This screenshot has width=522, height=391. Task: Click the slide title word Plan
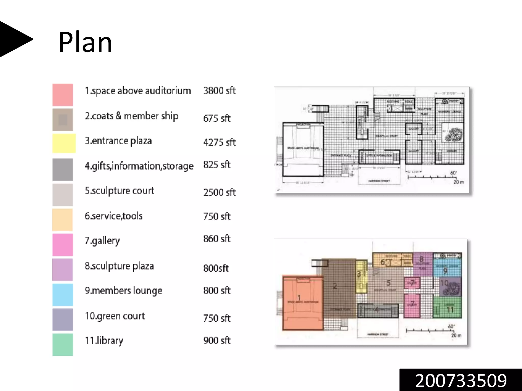pos(85,42)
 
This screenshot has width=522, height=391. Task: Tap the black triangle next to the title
pos(14,39)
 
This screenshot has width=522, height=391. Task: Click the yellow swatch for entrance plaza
pos(64,143)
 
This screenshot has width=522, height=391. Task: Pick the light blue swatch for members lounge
pos(63,295)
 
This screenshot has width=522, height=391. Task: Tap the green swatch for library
pos(63,344)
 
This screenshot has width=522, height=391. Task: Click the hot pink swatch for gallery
pos(63,245)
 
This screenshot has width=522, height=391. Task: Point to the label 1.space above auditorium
pos(138,91)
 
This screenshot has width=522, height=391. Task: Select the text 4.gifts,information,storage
pos(139,166)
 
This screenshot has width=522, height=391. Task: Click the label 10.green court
pos(115,316)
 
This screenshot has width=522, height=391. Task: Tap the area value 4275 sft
pos(219,142)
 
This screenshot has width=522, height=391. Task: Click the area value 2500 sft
pos(219,192)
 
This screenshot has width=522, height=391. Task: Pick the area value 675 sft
pos(217,118)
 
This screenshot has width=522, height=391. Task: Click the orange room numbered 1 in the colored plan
pos(303,303)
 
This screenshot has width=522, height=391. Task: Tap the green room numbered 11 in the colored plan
pos(447,308)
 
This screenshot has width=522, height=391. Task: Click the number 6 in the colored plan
pos(383,262)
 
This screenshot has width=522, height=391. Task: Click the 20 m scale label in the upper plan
pos(458,182)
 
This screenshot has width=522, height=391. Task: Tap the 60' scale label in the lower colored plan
pos(451,326)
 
